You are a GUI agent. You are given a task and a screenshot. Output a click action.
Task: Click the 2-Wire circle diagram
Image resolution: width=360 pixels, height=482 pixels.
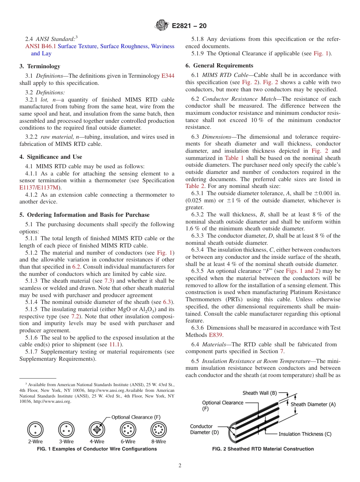pyautogui.click(x=35, y=430)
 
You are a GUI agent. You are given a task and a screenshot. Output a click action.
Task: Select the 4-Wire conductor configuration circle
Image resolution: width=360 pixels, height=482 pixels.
pyautogui.click(x=97, y=430)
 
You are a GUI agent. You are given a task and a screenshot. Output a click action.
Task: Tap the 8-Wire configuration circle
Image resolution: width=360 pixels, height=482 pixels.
pyautogui.click(x=159, y=430)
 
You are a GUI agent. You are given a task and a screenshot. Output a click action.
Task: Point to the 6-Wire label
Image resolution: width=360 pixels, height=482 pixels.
pyautogui.click(x=128, y=442)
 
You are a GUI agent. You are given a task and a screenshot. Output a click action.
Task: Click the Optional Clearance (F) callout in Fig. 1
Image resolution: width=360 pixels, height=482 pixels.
pyautogui.click(x=136, y=417)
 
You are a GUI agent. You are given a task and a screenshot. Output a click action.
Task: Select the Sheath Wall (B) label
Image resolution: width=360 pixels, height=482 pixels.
pyautogui.click(x=260, y=393)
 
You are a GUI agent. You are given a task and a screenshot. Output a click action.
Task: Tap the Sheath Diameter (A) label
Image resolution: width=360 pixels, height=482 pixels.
pyautogui.click(x=313, y=404)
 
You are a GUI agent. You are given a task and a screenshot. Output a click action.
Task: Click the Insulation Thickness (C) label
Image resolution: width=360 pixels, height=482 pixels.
pyautogui.click(x=305, y=434)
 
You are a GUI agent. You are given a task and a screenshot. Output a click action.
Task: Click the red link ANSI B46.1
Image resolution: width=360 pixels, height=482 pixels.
pyautogui.click(x=40, y=46)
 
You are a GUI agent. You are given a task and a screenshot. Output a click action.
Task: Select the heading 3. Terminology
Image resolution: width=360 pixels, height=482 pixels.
pyautogui.click(x=39, y=66)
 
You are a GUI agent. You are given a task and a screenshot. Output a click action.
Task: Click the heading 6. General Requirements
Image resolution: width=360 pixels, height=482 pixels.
pyautogui.click(x=219, y=66)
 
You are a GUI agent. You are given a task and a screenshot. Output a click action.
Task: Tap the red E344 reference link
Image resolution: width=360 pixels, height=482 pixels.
pyautogui.click(x=168, y=76)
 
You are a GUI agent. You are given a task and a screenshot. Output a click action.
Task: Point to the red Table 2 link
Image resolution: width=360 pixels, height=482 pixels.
pyautogui.click(x=195, y=186)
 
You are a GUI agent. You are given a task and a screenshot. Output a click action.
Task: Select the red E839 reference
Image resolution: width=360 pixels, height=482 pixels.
pyautogui.click(x=214, y=335)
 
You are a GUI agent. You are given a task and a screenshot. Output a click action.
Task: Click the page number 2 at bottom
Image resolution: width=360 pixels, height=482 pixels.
pyautogui.click(x=180, y=466)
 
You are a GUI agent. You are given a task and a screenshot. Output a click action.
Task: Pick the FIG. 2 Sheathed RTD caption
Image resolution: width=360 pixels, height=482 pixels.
pyautogui.click(x=263, y=449)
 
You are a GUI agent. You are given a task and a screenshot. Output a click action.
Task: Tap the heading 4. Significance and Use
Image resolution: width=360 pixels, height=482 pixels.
pyautogui.click(x=50, y=157)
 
